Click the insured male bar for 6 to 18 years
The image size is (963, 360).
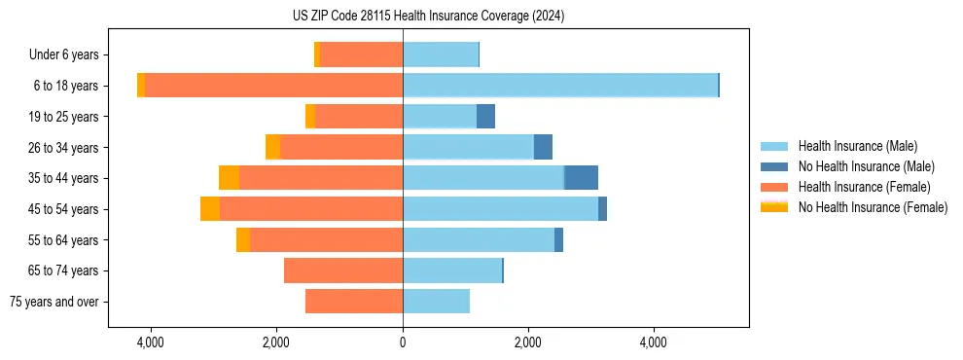pyautogui.click(x=560, y=86)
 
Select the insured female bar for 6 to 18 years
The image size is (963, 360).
pyautogui.click(x=273, y=86)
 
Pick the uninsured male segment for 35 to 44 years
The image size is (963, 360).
pyautogui.click(x=581, y=178)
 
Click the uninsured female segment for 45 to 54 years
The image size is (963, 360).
pyautogui.click(x=210, y=209)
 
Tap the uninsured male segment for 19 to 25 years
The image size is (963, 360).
pyautogui.click(x=485, y=117)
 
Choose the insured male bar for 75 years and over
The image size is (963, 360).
pyautogui.click(x=436, y=302)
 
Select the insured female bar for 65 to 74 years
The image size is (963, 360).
pyautogui.click(x=343, y=270)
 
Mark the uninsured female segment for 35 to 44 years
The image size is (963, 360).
pyautogui.click(x=229, y=178)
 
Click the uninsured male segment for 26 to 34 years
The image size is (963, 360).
pyautogui.click(x=543, y=147)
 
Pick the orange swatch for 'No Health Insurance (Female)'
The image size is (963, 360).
pyautogui.click(x=774, y=207)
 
